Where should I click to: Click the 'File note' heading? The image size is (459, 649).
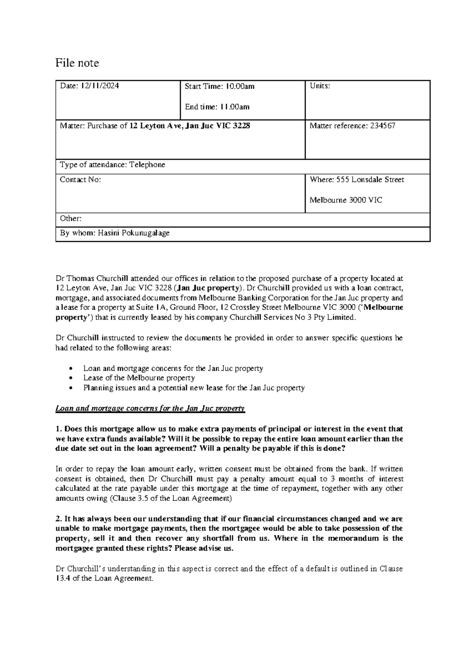pos(77,63)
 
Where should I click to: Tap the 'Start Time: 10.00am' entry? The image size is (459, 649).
pos(219,86)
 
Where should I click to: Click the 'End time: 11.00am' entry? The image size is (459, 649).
pos(217,107)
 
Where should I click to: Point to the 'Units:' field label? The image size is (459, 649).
pos(320,86)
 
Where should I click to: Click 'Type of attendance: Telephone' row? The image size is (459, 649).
pos(112,165)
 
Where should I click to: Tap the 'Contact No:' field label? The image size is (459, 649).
pos(80,180)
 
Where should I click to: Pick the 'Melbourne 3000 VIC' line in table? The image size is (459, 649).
pos(345,200)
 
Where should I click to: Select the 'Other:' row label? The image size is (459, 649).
pos(71,219)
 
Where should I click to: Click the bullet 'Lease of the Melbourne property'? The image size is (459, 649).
pos(139,378)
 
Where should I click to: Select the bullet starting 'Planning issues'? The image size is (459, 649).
pos(194,388)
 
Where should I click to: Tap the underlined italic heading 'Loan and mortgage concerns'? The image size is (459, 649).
pos(150,408)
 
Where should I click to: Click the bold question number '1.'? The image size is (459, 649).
pos(59,429)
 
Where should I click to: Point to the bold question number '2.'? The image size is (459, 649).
pos(59,519)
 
